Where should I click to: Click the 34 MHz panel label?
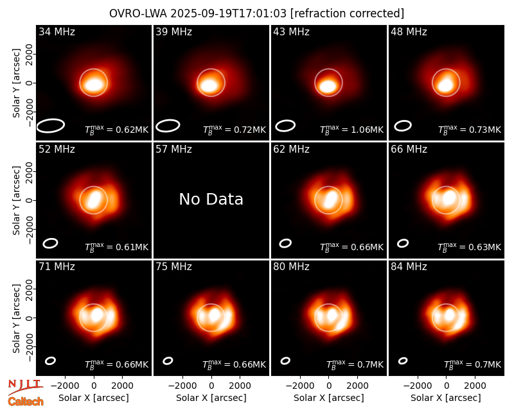[x=57, y=31]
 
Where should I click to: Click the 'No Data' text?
[x=211, y=199]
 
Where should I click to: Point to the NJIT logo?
[x=25, y=387]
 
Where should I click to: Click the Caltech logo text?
[x=26, y=402]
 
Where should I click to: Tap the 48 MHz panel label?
[x=409, y=31]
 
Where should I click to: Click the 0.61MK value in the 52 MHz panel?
[x=132, y=247]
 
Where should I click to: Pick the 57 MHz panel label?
[x=173, y=149]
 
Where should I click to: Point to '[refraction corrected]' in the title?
[x=347, y=13]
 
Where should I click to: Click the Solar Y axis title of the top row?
[x=16, y=83]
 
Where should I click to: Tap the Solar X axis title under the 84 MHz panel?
[x=446, y=398]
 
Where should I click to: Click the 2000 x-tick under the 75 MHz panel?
[x=240, y=386]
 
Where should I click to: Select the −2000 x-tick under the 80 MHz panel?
[x=299, y=386]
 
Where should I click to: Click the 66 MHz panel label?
[x=409, y=149]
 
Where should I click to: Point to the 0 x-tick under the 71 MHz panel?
[x=94, y=386]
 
